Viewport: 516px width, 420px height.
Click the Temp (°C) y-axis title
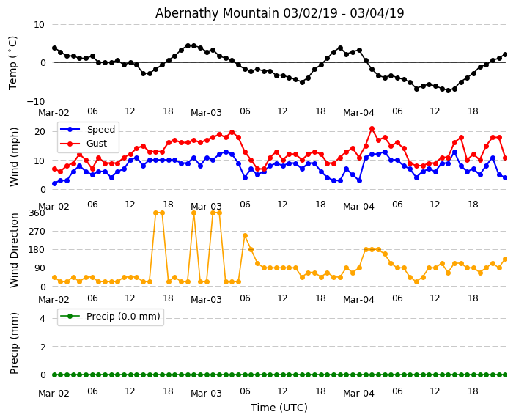click(x=13, y=62)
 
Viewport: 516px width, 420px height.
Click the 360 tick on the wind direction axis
click(x=36, y=213)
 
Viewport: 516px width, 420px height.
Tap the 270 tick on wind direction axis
click(x=36, y=232)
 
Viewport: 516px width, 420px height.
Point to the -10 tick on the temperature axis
click(x=34, y=101)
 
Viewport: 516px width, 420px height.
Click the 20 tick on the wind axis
click(x=40, y=132)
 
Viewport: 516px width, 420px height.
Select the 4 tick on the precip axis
click(x=42, y=318)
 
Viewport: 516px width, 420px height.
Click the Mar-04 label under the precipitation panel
click(x=358, y=394)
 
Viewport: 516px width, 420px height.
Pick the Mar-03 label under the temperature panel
click(x=206, y=113)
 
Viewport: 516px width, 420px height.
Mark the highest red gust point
click(x=372, y=129)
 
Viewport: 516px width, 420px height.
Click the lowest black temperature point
click(x=448, y=90)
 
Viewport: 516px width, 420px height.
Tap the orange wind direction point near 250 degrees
click(x=245, y=236)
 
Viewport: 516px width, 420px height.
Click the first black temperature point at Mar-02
click(x=54, y=48)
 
